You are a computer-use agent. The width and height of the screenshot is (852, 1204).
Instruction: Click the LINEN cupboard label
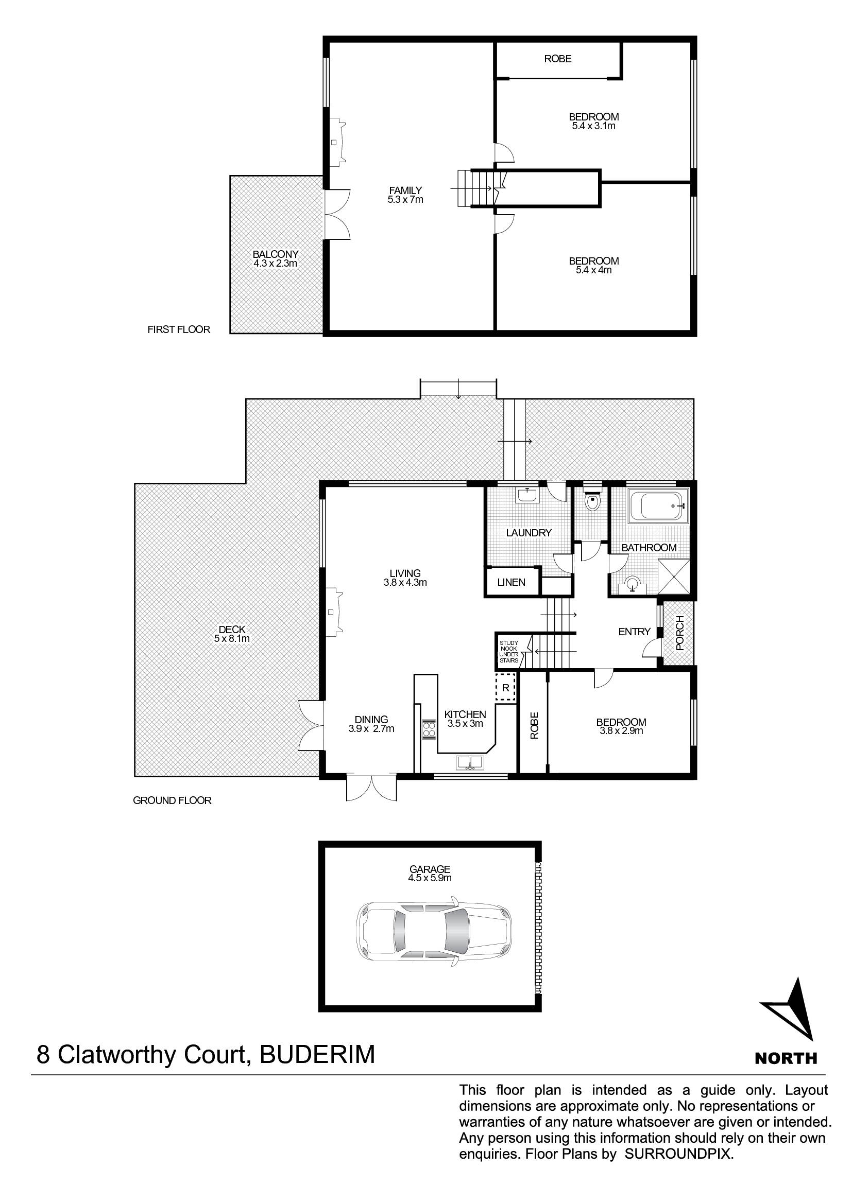[x=511, y=582]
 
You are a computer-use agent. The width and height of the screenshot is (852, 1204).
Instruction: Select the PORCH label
[x=680, y=633]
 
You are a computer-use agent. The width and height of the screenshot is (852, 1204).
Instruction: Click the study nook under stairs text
[x=508, y=652]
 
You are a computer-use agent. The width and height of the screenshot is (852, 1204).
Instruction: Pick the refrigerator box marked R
[x=506, y=688]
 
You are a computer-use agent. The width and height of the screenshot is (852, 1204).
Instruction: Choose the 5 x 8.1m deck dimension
[x=232, y=639]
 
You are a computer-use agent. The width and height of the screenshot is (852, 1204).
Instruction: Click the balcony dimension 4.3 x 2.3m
[x=276, y=263]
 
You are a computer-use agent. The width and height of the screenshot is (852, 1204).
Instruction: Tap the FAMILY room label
[x=405, y=190]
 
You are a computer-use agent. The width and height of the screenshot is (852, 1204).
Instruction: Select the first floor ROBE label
[x=558, y=59]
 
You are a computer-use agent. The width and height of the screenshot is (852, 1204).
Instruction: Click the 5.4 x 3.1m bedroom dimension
[x=594, y=126]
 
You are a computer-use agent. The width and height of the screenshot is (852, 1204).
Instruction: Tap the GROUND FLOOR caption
[x=172, y=801]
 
